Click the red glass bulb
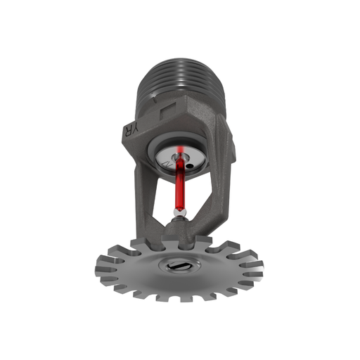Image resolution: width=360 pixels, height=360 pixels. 180,184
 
